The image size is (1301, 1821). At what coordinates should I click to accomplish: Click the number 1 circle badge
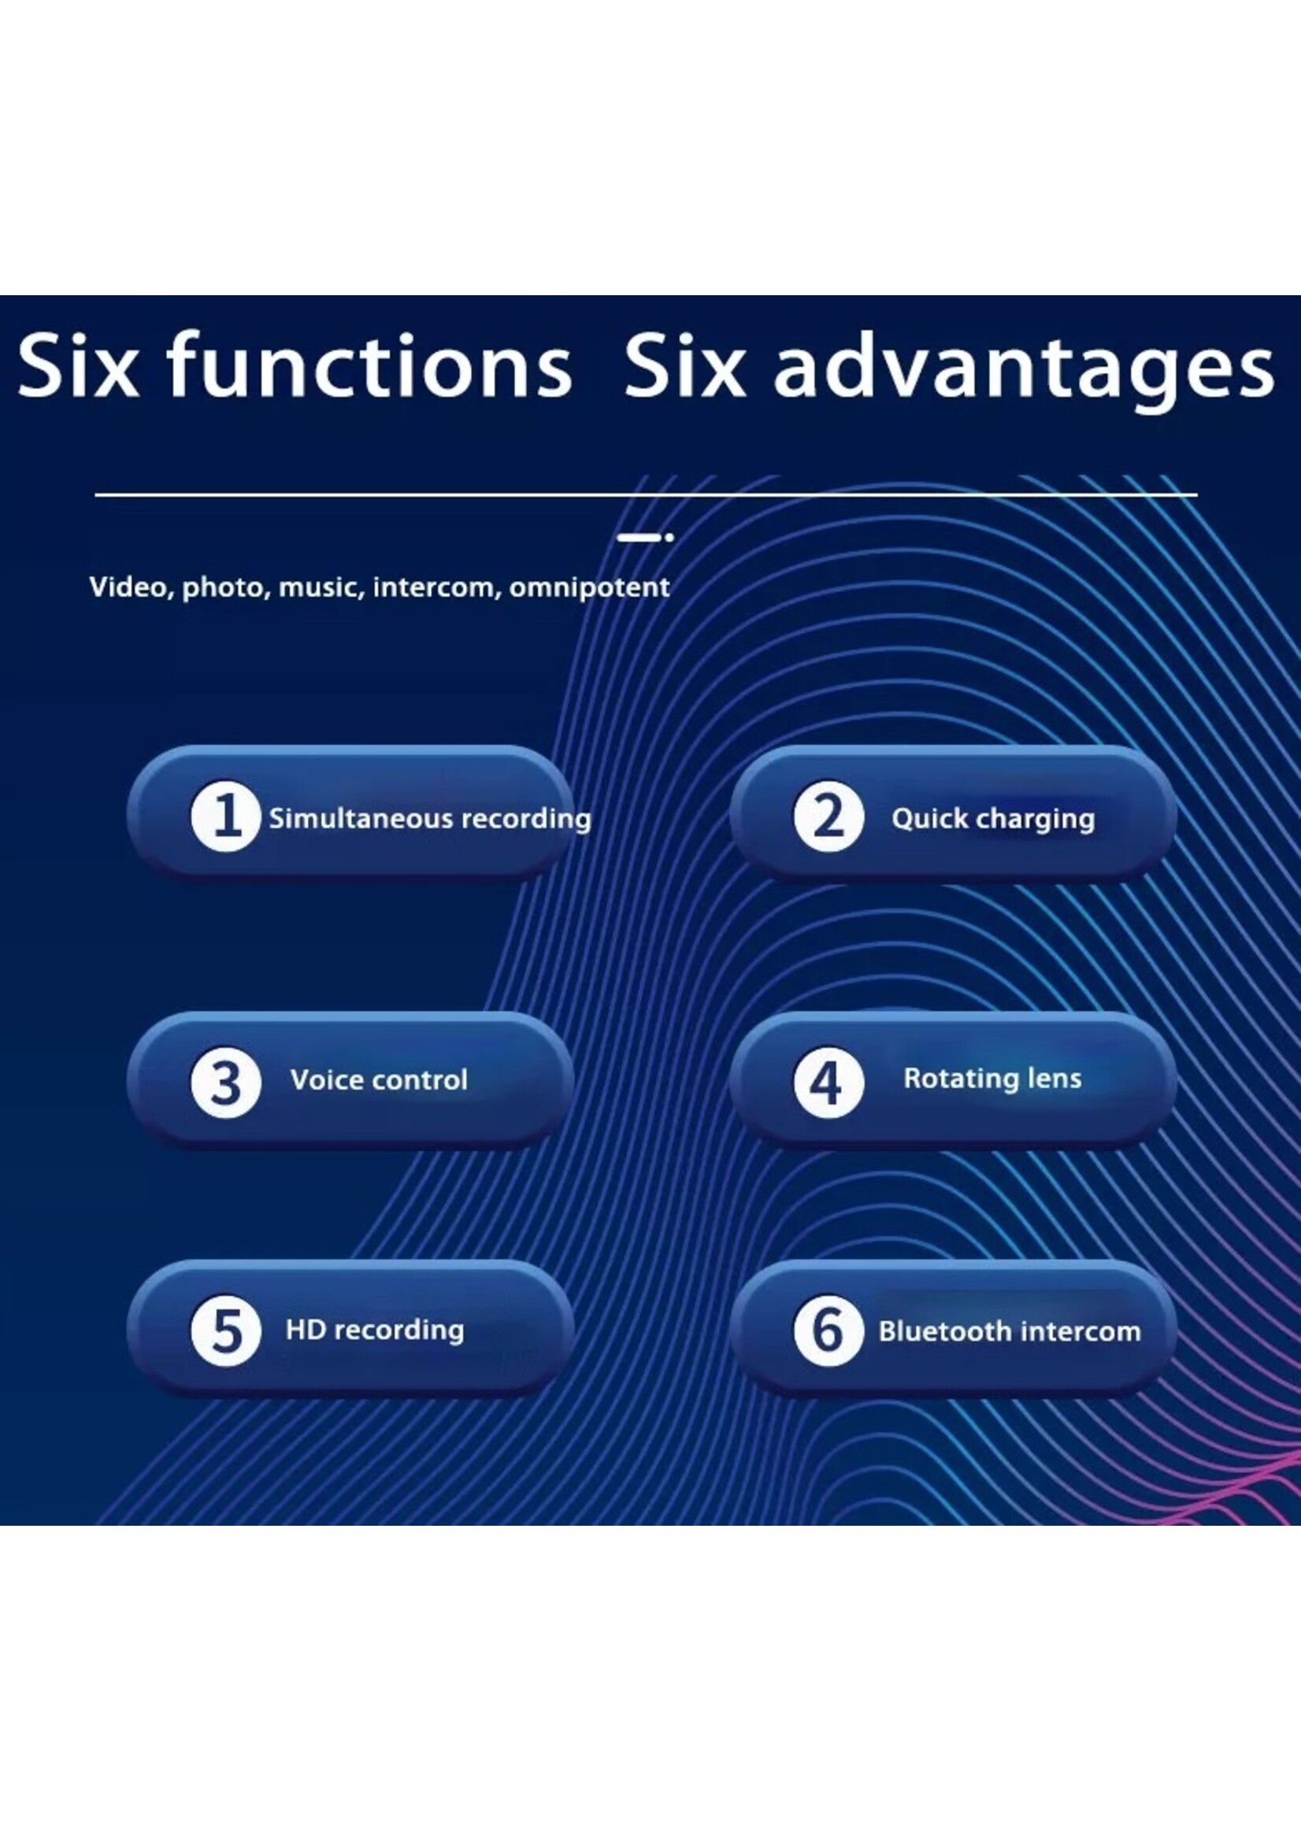[x=225, y=816]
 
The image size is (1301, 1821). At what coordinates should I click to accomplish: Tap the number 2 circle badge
[x=828, y=816]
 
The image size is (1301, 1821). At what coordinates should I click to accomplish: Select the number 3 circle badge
[x=225, y=1083]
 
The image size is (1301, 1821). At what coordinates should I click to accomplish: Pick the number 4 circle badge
[x=828, y=1083]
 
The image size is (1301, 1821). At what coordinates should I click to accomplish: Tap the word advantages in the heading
[x=1023, y=370]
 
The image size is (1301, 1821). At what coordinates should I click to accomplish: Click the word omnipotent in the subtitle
[x=589, y=588]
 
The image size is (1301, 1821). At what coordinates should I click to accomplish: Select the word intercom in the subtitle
[x=437, y=587]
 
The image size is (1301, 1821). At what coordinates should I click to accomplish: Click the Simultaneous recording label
[x=430, y=819]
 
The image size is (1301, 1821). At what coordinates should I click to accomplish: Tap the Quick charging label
[x=992, y=819]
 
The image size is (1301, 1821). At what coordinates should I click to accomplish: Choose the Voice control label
[x=379, y=1079]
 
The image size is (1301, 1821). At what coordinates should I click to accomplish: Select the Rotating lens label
[x=992, y=1079]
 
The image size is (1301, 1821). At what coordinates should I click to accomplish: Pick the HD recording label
[x=375, y=1330]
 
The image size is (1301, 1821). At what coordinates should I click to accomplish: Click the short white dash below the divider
[x=639, y=538]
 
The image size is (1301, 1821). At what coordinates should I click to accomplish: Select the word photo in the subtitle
[x=226, y=589]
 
